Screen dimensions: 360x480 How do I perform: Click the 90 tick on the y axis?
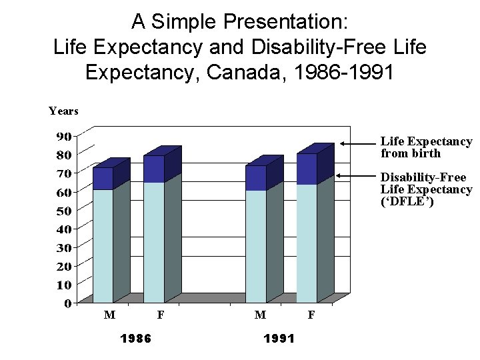[x=63, y=136]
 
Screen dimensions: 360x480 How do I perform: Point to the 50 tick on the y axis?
[x=63, y=211]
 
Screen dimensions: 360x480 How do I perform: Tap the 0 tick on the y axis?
[x=67, y=303]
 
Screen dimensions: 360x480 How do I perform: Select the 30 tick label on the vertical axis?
[x=63, y=247]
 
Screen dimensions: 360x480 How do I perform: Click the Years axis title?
[x=63, y=111]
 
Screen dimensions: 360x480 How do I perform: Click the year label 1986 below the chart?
[x=135, y=338]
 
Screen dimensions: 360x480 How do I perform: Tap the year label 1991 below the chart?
[x=279, y=338]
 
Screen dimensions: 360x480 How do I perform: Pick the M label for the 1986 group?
[x=108, y=315]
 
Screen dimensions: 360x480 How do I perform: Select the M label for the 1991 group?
[x=261, y=315]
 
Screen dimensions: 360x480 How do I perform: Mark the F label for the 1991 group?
[x=311, y=315]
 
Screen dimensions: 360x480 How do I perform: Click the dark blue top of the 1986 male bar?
[x=103, y=178]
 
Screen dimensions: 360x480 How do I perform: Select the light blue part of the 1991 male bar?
[x=255, y=246]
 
